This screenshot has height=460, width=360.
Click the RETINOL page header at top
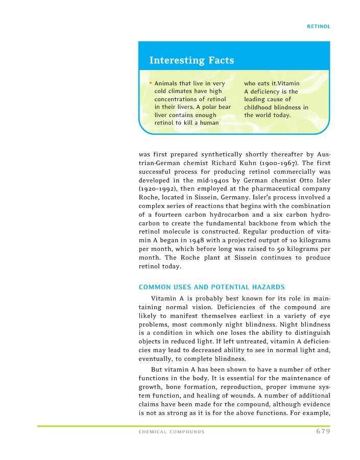click(319, 27)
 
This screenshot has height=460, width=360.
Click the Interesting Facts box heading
click(191, 60)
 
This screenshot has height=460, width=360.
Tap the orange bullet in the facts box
click(151, 83)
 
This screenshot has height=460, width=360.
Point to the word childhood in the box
click(259, 107)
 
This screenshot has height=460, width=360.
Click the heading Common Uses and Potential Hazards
click(212, 287)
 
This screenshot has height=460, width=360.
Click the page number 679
click(323, 431)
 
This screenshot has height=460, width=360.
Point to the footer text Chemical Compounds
click(172, 432)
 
